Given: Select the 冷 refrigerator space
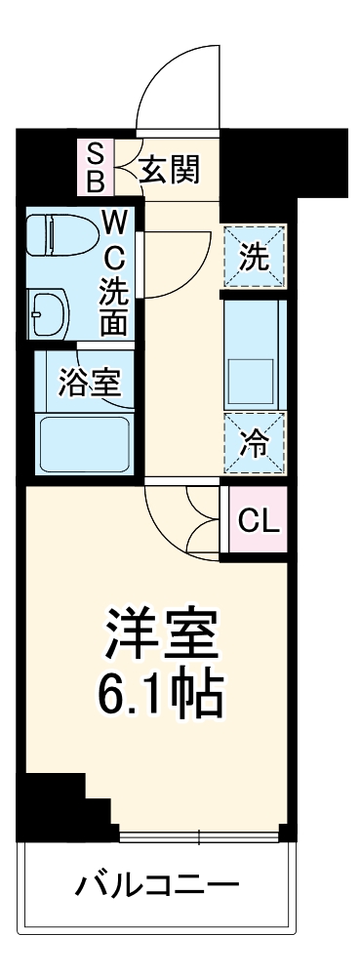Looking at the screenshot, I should [x=254, y=445].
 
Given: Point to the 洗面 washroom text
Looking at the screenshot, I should [x=115, y=307].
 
